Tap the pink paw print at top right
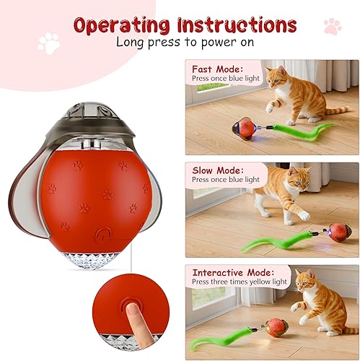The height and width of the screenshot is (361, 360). pos(333,27)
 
